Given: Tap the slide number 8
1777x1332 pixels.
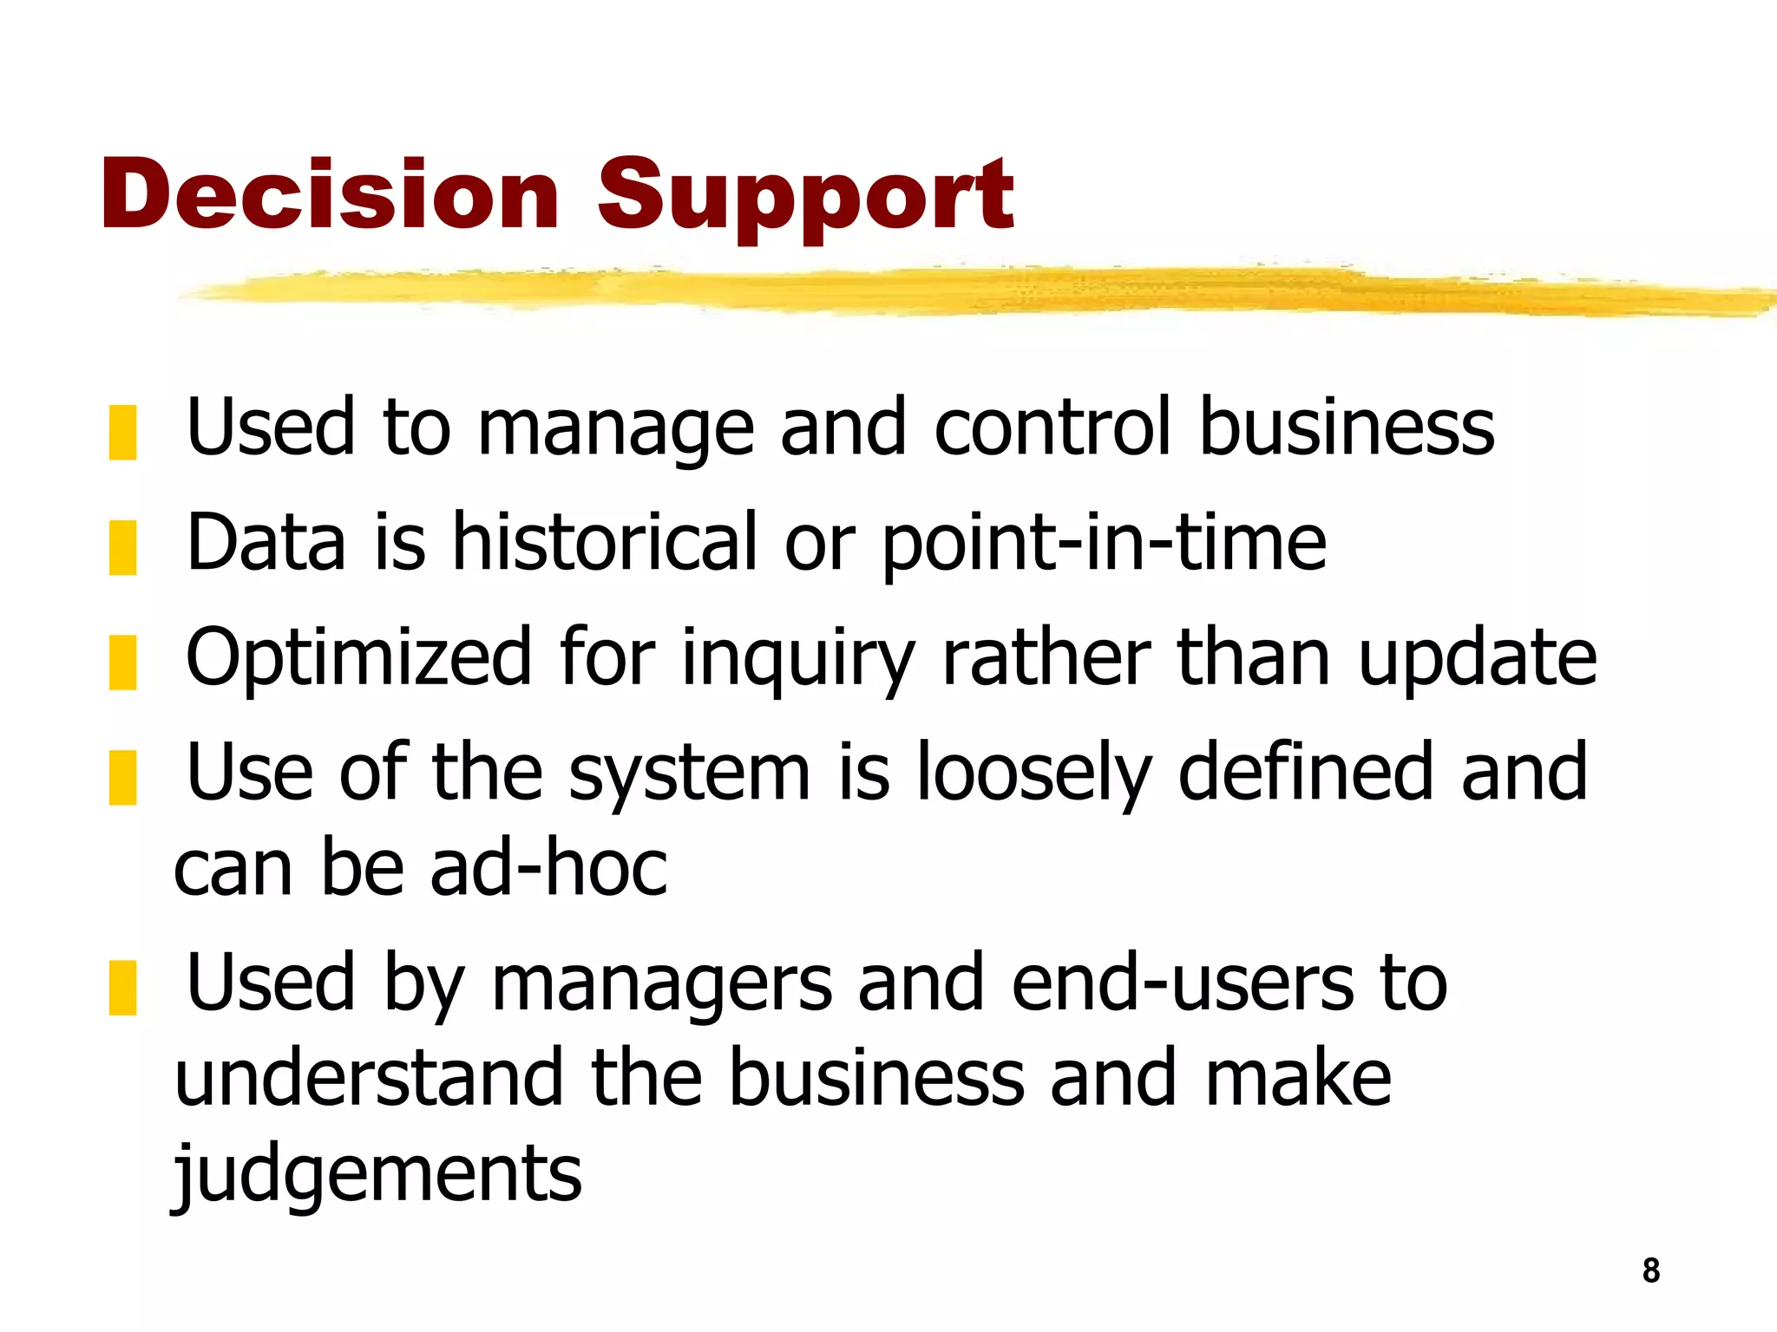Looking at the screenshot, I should point(1650,1270).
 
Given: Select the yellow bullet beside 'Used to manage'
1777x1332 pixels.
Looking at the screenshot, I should point(122,432).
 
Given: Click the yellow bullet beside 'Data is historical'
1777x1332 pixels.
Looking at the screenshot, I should point(122,547).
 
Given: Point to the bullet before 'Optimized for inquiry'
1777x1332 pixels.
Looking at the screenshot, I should point(122,663).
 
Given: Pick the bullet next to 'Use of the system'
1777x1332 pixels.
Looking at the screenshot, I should point(122,778).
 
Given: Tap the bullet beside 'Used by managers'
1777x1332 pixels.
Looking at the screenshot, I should point(122,988).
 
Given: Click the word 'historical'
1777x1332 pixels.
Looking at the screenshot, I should point(605,542).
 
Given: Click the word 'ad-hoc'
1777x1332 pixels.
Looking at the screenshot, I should point(548,868).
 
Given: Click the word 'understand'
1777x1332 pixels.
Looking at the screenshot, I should point(369,1078).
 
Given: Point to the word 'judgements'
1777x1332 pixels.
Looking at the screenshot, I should point(377,1175).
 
